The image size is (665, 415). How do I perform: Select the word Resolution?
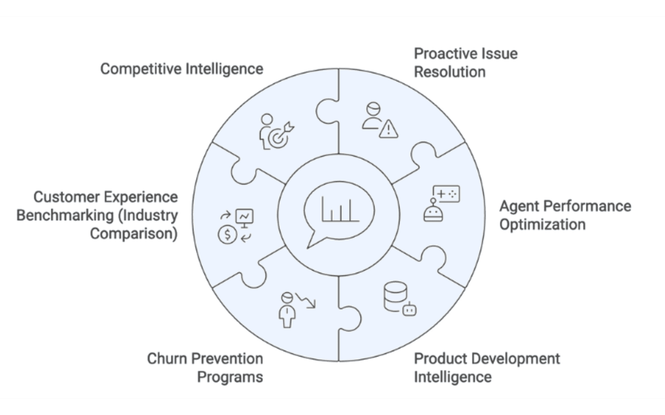click(x=450, y=72)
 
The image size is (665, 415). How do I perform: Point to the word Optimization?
click(x=542, y=224)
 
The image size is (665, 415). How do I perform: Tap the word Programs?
click(x=230, y=377)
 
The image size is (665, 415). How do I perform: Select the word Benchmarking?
click(x=65, y=215)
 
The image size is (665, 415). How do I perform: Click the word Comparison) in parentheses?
click(x=134, y=234)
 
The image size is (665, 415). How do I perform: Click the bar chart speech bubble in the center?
click(x=339, y=211)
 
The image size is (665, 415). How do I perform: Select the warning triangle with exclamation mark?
click(x=389, y=130)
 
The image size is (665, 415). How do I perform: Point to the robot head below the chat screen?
click(x=433, y=212)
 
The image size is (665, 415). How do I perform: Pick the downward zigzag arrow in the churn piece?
click(x=305, y=300)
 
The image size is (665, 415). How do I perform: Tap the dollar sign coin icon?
click(x=227, y=235)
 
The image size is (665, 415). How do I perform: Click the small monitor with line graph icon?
click(x=244, y=218)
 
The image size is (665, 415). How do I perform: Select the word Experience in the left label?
click(x=141, y=197)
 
